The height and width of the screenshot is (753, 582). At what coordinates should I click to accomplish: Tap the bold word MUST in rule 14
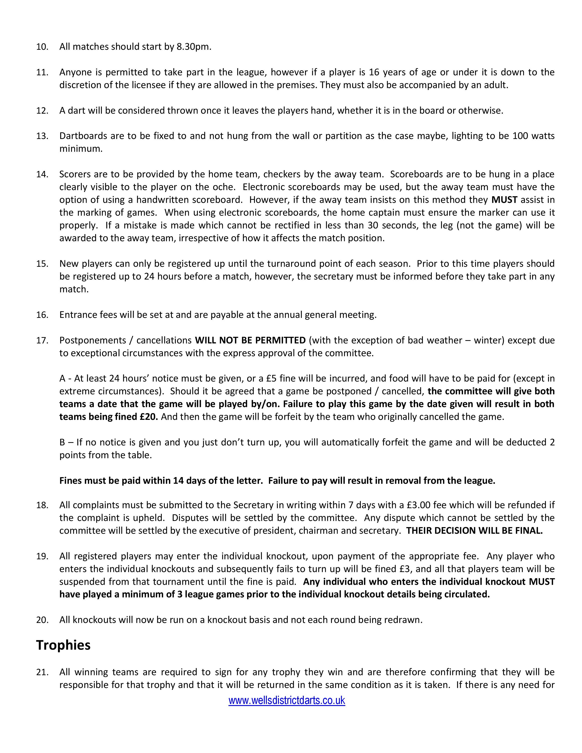504,200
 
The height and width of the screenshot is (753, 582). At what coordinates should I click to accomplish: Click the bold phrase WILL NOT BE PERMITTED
250,340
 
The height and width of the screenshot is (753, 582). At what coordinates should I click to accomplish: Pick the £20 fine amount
149,417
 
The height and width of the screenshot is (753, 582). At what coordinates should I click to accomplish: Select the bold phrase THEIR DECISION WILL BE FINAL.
475,531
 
